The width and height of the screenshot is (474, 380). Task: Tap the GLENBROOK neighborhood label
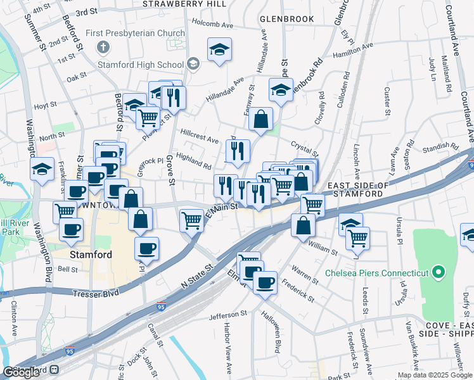pyautogui.click(x=286, y=19)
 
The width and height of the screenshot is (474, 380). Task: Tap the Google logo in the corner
pyautogui.click(x=21, y=372)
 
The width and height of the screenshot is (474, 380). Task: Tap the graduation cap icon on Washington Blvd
pyautogui.click(x=42, y=170)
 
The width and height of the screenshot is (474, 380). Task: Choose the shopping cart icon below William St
pyautogui.click(x=358, y=237)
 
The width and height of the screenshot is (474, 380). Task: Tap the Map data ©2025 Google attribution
pyautogui.click(x=435, y=375)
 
